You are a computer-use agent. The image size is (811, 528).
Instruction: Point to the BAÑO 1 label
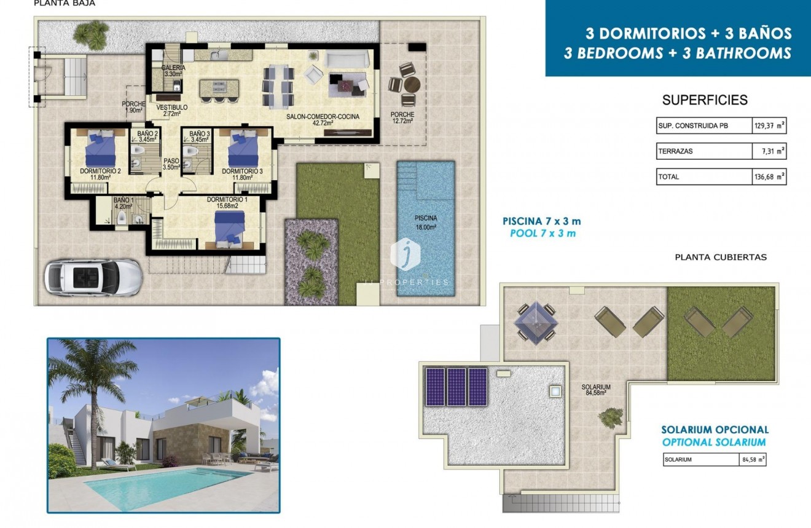coord(123,203)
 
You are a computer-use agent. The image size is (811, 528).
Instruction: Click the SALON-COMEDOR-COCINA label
coord(323,119)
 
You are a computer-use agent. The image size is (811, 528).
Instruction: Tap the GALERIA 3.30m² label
coord(173,71)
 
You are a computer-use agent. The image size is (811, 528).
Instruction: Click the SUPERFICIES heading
coord(705,100)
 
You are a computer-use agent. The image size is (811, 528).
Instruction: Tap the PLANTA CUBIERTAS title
coord(720,258)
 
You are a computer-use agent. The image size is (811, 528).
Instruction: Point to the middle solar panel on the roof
coord(456,387)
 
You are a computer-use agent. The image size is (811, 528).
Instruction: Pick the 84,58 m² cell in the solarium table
coord(752,459)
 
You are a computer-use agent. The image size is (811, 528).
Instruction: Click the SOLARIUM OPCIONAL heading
coord(715,430)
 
